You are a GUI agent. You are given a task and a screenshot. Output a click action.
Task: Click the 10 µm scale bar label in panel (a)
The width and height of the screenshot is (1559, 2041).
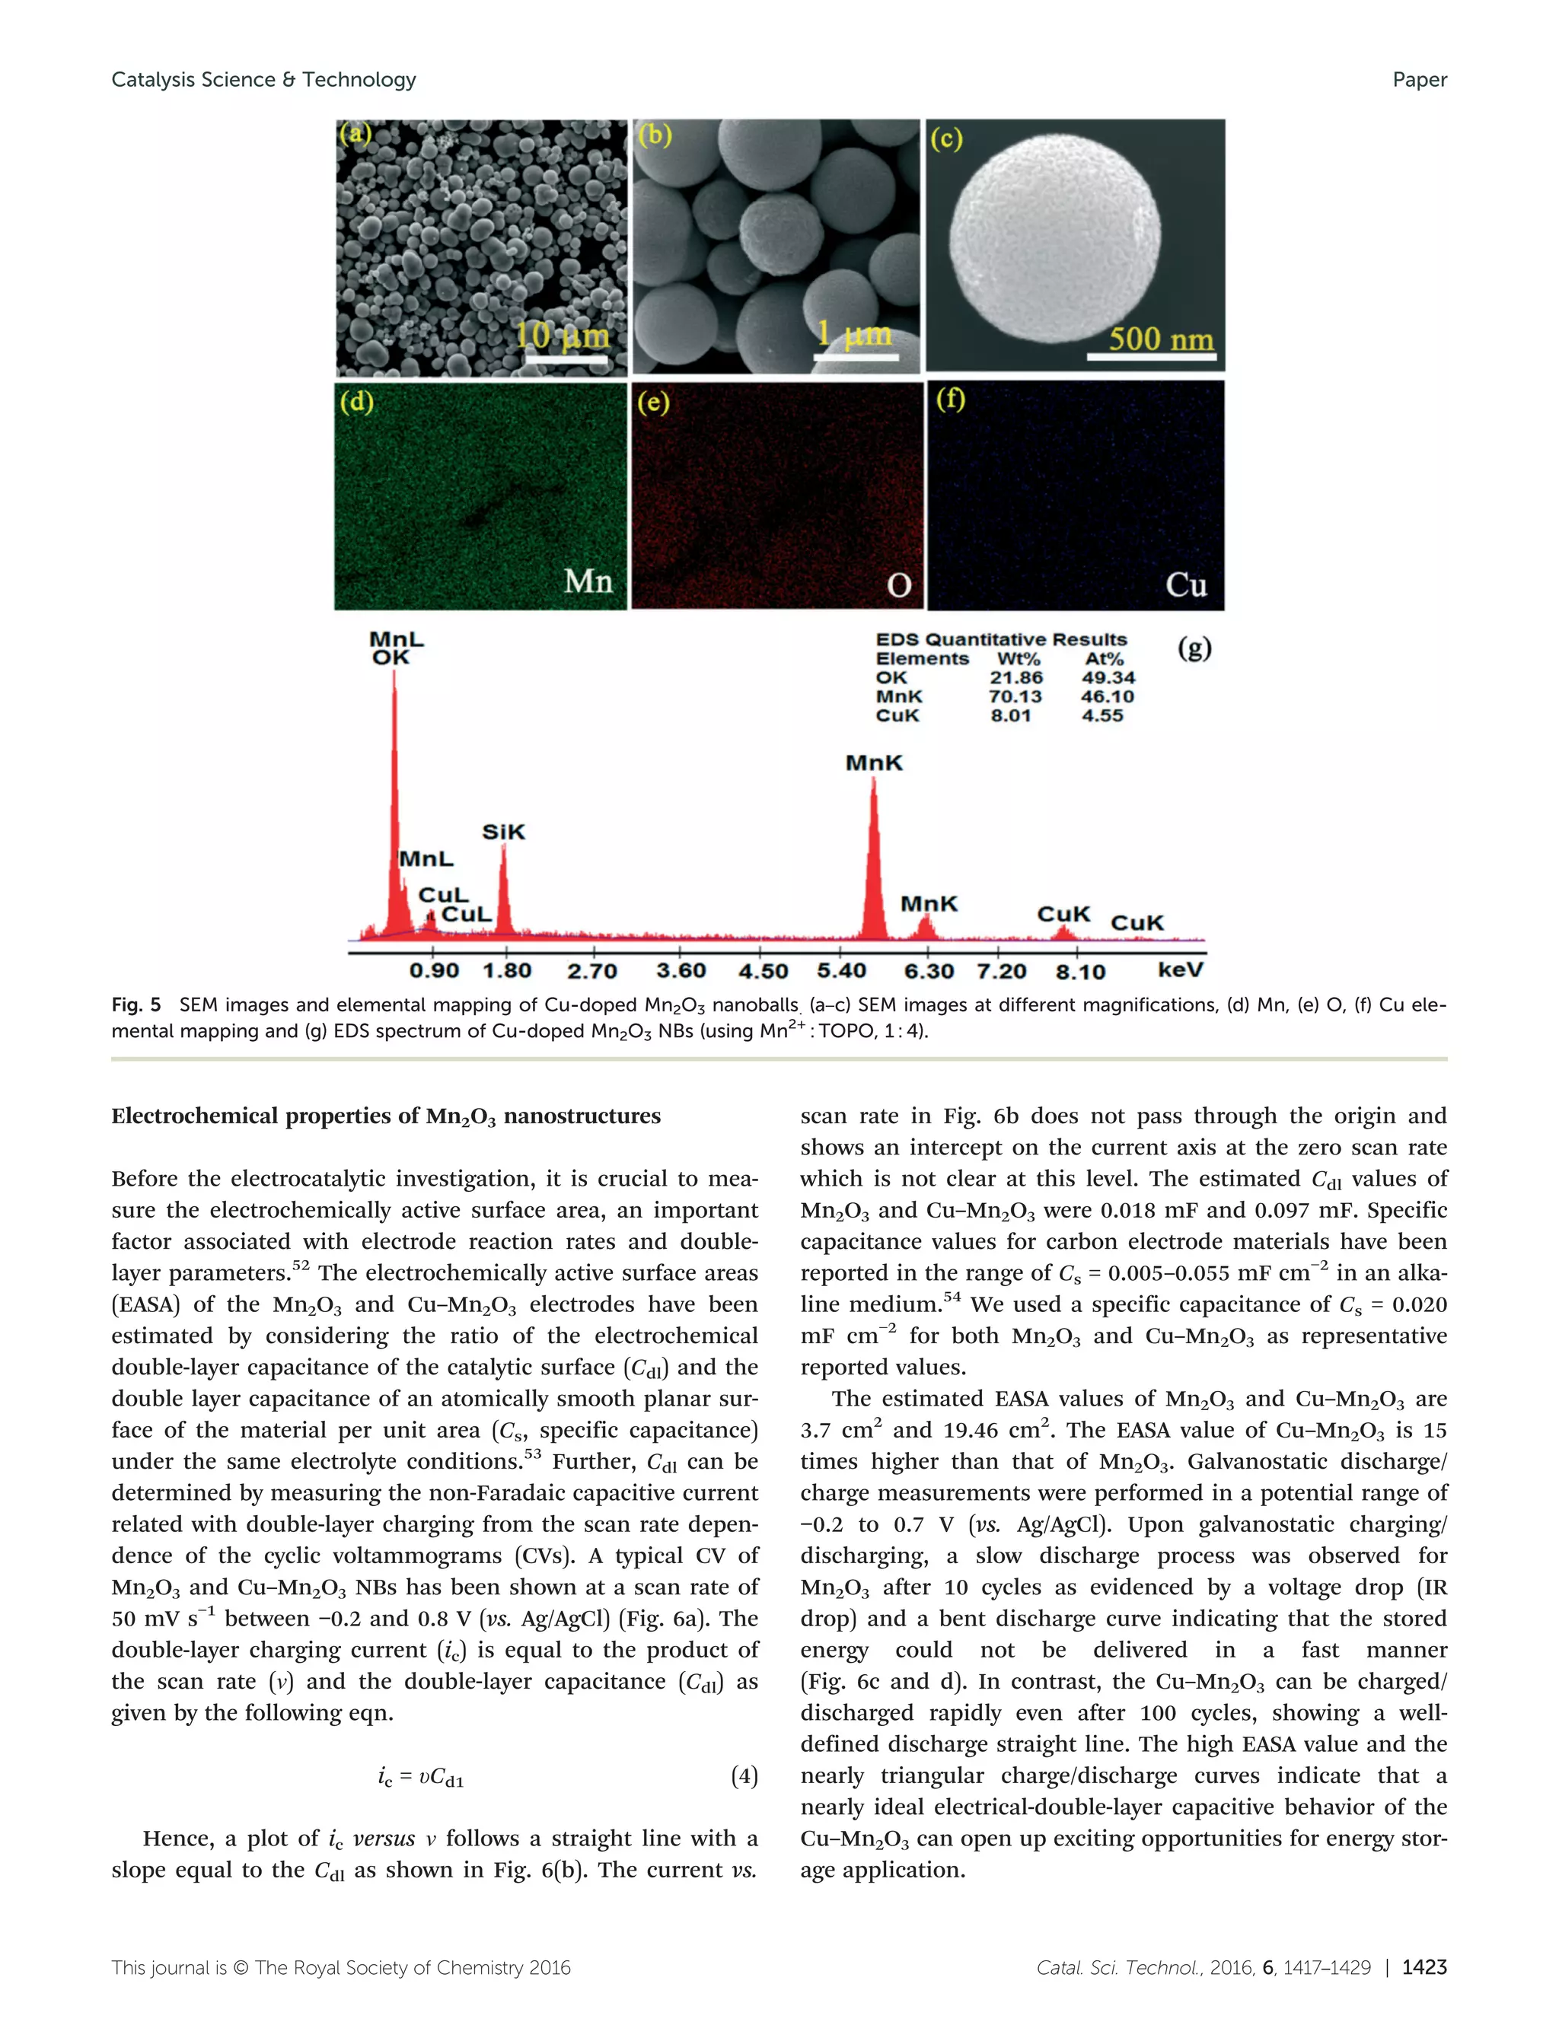tap(563, 335)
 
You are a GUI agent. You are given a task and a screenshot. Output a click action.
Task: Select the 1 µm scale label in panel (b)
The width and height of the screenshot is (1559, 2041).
tap(854, 335)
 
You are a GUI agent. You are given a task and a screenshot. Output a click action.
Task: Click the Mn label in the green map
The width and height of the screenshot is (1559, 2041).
tap(588, 581)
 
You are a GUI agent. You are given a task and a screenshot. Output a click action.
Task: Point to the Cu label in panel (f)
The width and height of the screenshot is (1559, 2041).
tap(1185, 584)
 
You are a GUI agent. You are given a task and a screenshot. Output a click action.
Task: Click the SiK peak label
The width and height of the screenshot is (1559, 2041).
tap(503, 831)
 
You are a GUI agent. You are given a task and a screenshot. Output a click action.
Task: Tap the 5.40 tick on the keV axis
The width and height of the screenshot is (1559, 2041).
tap(840, 970)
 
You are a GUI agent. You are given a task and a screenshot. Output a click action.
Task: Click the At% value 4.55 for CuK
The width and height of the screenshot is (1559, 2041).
tap(1102, 715)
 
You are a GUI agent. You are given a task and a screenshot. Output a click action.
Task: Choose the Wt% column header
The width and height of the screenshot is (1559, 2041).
tap(1017, 659)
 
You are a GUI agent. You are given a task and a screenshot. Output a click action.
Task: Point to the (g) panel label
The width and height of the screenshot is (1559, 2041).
tap(1194, 647)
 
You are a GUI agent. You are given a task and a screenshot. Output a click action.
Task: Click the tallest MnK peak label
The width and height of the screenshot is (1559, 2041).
tap(873, 763)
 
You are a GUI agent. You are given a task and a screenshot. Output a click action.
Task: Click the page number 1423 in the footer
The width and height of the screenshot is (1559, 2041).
tap(1424, 1966)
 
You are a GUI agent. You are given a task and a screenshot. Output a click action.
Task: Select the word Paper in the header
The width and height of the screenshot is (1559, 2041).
tap(1419, 80)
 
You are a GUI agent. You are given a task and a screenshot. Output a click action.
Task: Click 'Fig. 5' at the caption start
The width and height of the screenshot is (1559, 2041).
tap(135, 1005)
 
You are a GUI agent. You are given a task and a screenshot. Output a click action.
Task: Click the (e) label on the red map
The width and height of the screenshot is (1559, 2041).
tap(652, 402)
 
